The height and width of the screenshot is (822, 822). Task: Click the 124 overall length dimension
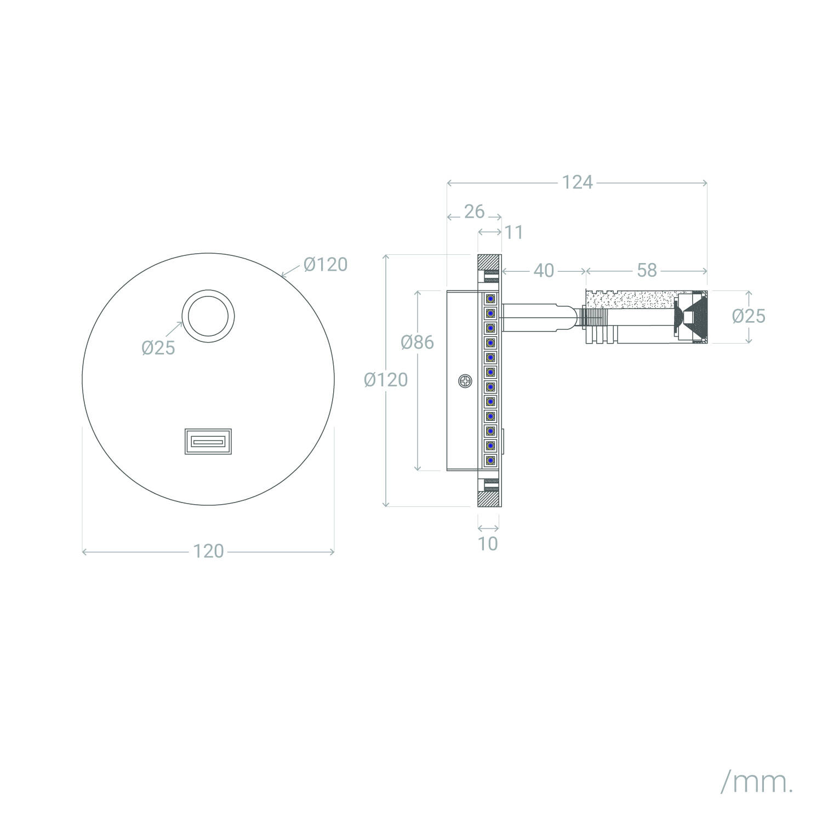pyautogui.click(x=578, y=182)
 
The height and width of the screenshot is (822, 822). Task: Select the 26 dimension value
pyautogui.click(x=474, y=211)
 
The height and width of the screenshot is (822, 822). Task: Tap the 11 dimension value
pyautogui.click(x=514, y=232)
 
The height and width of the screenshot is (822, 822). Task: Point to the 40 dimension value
pyautogui.click(x=544, y=271)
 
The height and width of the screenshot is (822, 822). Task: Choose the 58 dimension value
pyautogui.click(x=647, y=270)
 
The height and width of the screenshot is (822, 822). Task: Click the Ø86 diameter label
pyautogui.click(x=417, y=342)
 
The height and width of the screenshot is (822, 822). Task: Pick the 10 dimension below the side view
pyautogui.click(x=488, y=544)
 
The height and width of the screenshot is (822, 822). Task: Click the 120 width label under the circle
pyautogui.click(x=208, y=551)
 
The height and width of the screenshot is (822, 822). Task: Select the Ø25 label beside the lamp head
pyautogui.click(x=749, y=316)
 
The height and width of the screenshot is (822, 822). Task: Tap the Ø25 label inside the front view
pyautogui.click(x=158, y=347)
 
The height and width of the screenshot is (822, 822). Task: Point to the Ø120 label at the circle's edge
pyautogui.click(x=326, y=265)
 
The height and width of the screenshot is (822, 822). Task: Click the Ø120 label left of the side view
pyautogui.click(x=386, y=380)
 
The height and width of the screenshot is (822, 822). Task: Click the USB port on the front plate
pyautogui.click(x=208, y=441)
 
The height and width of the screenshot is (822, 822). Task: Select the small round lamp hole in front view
pyautogui.click(x=208, y=317)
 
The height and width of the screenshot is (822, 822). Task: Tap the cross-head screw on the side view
pyautogui.click(x=465, y=381)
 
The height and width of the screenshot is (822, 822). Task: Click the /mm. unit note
pyautogui.click(x=757, y=784)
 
